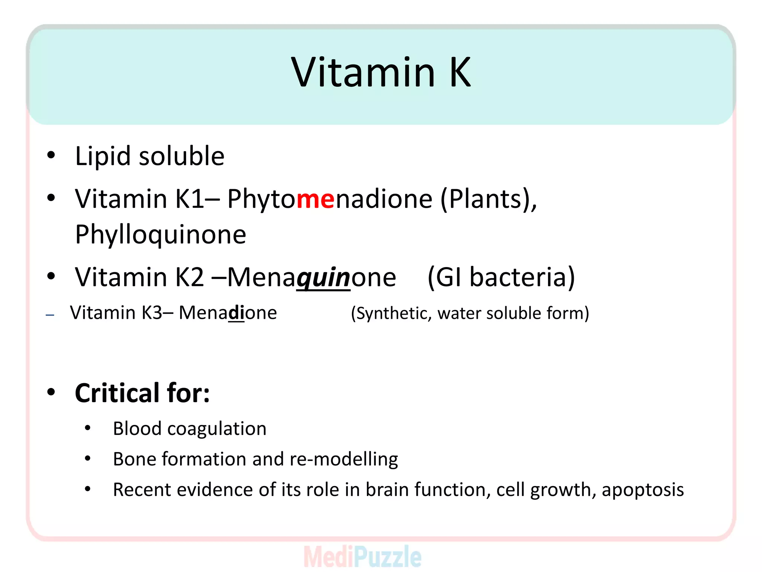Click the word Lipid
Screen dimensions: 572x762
(x=103, y=156)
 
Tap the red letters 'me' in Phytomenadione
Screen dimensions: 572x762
(x=316, y=199)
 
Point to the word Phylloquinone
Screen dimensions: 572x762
(x=160, y=235)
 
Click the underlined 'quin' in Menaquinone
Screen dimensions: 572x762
(x=323, y=277)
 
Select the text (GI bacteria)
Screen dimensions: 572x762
(x=501, y=277)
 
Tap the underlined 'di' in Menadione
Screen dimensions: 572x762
(x=236, y=313)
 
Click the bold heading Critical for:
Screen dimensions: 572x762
(x=142, y=393)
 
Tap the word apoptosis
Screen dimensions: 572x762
(x=643, y=490)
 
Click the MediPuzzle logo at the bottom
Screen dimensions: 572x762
(x=362, y=557)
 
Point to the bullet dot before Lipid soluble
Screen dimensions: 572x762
(x=51, y=155)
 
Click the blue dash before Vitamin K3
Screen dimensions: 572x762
(x=50, y=315)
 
